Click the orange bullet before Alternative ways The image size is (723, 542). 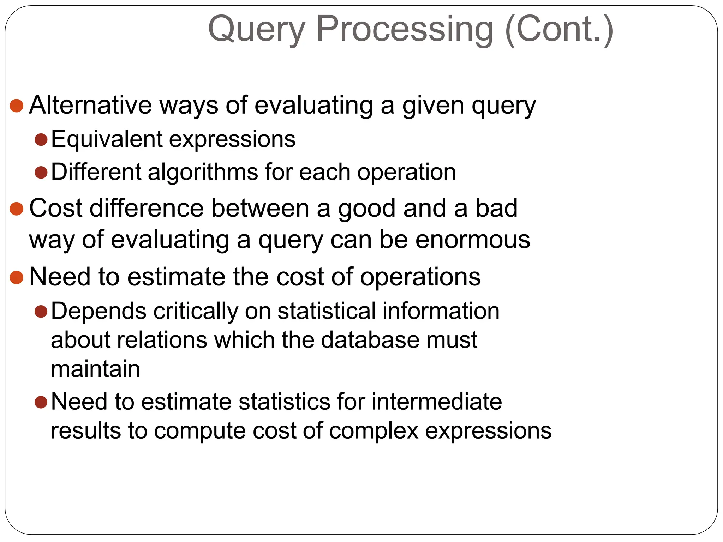(17, 106)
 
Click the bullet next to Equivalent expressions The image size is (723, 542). (41, 140)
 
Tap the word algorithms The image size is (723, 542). (203, 172)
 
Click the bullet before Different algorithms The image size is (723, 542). (41, 173)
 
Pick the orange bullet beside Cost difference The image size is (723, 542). (17, 209)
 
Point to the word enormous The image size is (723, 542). (473, 240)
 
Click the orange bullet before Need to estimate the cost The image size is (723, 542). (17, 277)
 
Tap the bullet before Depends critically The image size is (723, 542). (41, 312)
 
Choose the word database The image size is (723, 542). (370, 340)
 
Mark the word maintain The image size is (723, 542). (95, 369)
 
